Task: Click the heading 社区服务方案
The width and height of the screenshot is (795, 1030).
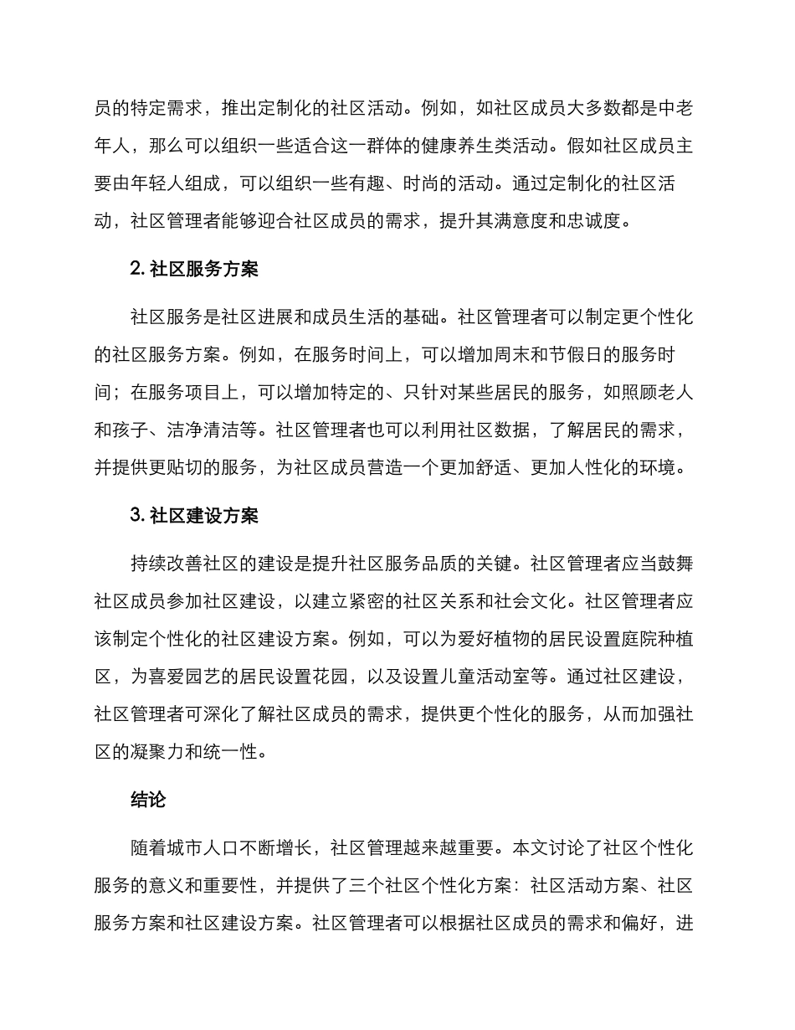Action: [204, 270]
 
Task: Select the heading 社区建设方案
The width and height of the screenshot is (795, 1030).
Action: [204, 516]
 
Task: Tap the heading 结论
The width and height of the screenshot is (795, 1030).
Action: [149, 800]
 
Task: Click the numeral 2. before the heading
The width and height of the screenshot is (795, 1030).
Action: [138, 270]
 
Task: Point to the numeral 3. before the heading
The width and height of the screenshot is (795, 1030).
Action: [138, 516]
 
